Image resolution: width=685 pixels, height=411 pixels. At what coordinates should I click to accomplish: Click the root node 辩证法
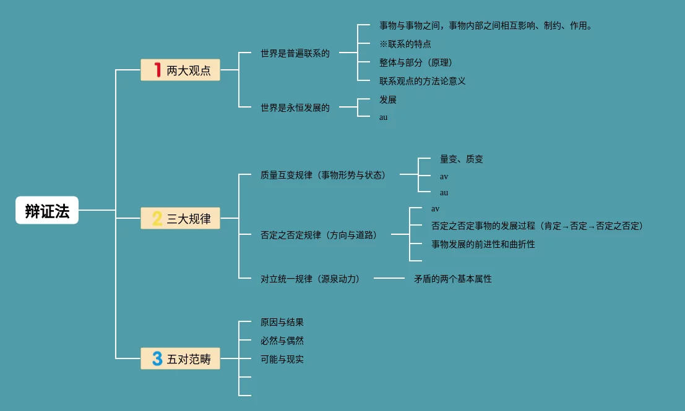tap(47, 210)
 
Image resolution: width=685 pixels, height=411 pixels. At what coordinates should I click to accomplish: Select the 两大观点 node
tap(180, 70)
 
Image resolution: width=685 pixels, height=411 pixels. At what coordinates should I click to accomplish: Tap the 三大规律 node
tap(180, 218)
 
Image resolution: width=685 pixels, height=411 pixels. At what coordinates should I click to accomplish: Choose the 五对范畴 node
tap(180, 358)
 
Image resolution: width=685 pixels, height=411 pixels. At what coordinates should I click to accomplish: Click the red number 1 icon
tap(157, 70)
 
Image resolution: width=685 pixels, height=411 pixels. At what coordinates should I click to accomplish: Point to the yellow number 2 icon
tap(157, 218)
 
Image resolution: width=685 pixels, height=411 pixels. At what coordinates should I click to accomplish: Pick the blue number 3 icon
tap(157, 358)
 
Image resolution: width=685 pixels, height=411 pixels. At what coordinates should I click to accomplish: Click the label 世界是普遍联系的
tap(295, 53)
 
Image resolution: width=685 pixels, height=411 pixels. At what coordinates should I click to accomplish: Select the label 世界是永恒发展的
tap(295, 108)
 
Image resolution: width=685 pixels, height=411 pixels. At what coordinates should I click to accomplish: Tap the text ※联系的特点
tap(405, 44)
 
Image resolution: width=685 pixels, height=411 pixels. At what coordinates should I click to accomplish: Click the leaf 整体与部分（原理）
tap(416, 62)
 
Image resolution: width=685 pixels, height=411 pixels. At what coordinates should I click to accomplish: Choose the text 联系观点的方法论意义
tap(422, 81)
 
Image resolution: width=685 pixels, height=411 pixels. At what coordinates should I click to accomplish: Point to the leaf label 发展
tap(388, 100)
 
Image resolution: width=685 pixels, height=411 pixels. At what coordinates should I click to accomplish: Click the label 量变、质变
tap(462, 159)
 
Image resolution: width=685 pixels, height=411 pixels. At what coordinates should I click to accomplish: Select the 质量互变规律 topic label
tap(323, 175)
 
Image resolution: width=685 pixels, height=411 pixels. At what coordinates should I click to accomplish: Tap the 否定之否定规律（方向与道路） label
tap(319, 235)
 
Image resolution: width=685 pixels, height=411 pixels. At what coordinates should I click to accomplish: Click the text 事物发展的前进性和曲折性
tap(483, 244)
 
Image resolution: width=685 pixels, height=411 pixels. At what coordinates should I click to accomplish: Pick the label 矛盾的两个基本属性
tap(453, 279)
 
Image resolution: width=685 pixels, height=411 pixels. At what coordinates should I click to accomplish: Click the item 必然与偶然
tap(282, 341)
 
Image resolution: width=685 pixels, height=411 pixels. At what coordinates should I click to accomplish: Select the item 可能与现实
tap(282, 359)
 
